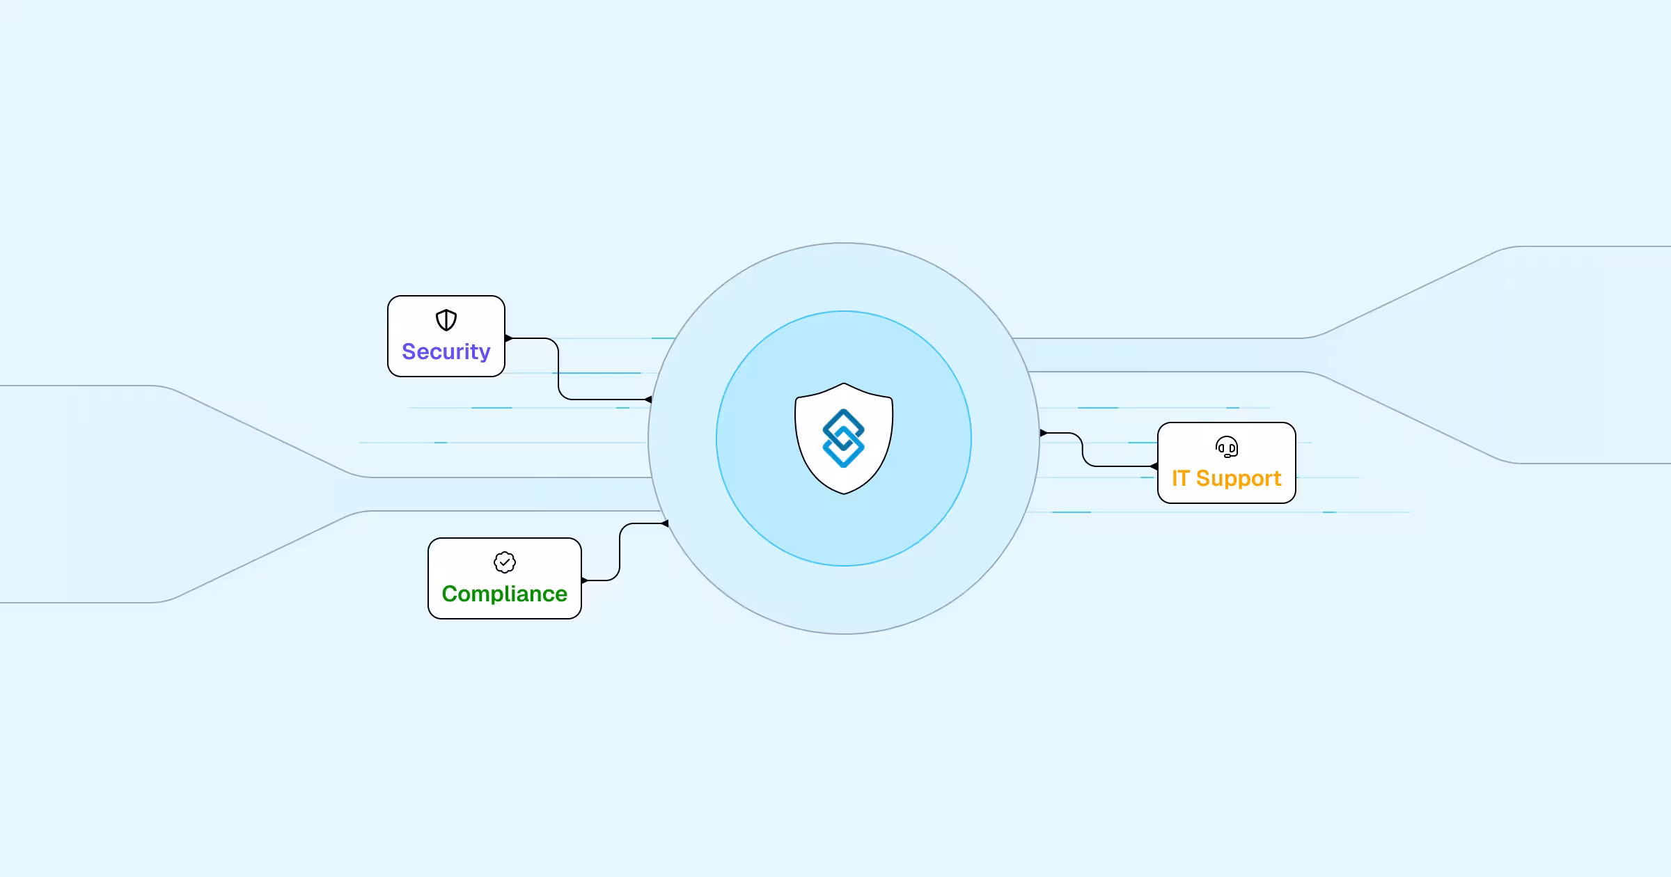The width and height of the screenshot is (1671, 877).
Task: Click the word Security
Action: pos(446,352)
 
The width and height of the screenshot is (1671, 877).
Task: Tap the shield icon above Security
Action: pos(446,320)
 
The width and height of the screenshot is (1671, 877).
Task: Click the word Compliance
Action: pos(505,594)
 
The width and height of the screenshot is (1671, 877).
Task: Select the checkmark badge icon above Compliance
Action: pos(505,562)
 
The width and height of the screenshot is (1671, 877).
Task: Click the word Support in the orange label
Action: pos(1239,479)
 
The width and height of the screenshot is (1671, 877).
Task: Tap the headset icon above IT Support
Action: pos(1227,447)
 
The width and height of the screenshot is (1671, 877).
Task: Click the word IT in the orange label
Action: pos(1180,478)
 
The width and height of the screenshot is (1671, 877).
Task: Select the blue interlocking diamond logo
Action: pos(844,438)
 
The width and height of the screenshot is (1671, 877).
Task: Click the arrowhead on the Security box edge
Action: pos(509,338)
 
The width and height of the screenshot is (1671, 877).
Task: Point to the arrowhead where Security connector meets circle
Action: pos(648,400)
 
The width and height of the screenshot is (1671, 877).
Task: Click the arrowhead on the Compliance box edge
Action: pos(585,580)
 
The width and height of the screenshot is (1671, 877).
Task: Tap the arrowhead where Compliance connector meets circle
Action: pos(664,523)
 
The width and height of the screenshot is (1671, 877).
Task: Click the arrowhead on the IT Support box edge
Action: pos(1154,466)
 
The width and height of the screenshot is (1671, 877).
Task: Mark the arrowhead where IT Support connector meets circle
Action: pos(1044,433)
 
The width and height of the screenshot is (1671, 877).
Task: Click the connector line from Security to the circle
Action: pos(558,369)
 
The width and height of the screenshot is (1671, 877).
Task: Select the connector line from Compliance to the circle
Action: pos(620,552)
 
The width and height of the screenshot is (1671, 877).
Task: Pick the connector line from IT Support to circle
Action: pos(1083,450)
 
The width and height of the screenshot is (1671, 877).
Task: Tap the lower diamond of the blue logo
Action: pos(844,449)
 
